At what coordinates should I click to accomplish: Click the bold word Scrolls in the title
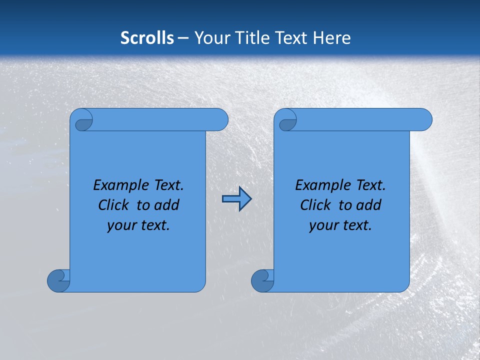click(147, 37)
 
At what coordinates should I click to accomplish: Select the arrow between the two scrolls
click(236, 199)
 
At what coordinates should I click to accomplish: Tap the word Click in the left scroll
click(109, 205)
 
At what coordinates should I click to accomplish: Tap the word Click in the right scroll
click(311, 205)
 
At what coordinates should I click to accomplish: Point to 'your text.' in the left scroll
click(138, 225)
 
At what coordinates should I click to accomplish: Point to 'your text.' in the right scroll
click(340, 225)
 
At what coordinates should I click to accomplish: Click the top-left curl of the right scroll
click(287, 121)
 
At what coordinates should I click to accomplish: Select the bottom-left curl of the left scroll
click(58, 280)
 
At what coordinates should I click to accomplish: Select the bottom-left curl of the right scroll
click(262, 280)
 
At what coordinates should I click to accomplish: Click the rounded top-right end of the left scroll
click(220, 120)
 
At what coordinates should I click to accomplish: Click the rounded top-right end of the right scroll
click(424, 120)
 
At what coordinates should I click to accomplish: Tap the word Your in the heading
click(212, 37)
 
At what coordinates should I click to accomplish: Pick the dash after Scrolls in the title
click(183, 38)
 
